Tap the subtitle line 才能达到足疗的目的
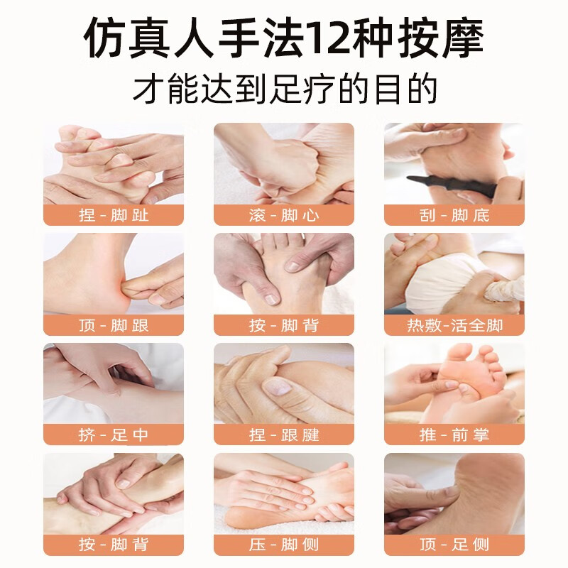coord(284,90)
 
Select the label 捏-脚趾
coord(114,215)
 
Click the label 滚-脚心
coord(284,215)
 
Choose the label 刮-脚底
coord(454,215)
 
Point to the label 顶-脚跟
coord(114,325)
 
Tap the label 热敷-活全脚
coord(454,325)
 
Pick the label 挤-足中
coord(114,435)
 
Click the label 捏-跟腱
coord(284,435)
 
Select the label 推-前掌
coord(454,435)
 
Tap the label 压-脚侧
coord(284,545)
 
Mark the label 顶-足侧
coord(454,545)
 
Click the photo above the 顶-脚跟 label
coord(114,273)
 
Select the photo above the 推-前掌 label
coord(454,383)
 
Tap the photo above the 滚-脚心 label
coord(284,163)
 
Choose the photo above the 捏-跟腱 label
coord(284,383)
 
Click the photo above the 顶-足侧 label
coord(454,493)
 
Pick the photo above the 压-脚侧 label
coord(284,493)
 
